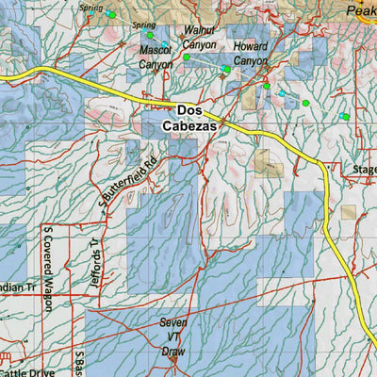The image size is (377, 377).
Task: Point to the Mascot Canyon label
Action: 156,56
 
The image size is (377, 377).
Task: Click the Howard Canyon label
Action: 251,52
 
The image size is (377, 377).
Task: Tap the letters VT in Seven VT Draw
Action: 174,336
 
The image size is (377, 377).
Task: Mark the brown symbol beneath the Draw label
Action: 174,358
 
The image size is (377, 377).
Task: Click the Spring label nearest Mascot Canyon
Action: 144,25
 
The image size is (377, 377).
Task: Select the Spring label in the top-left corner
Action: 90,7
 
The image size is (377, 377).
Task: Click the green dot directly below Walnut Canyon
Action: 187,57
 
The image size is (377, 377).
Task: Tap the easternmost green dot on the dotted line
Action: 346,116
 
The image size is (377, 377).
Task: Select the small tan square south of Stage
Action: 349,212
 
